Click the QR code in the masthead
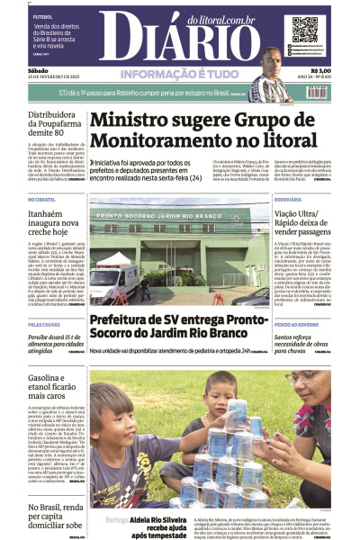click(305, 29)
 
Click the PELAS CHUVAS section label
click(44, 323)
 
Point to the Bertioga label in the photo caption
click(116, 520)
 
